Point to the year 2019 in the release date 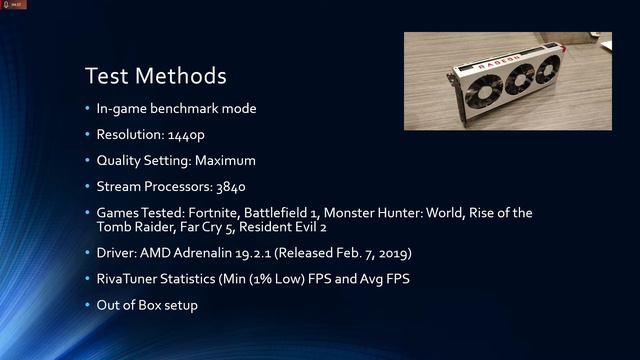point(388,254)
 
